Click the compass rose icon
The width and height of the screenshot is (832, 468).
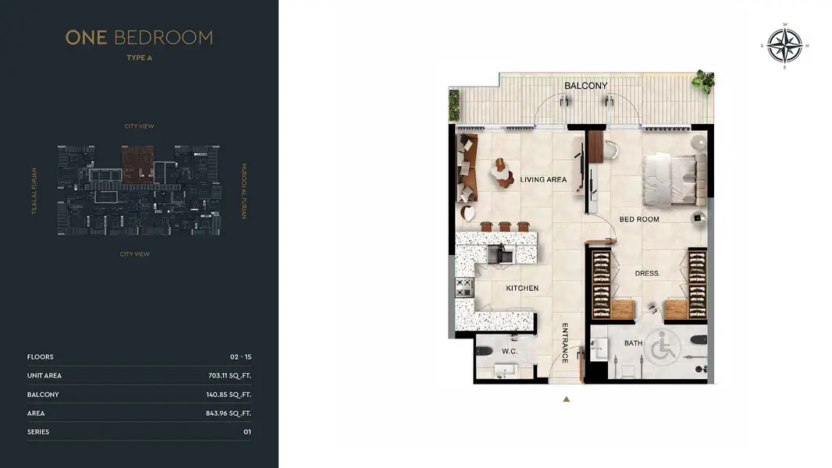point(784,45)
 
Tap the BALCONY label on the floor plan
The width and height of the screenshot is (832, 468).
point(586,86)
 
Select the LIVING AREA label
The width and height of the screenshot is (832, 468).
point(543,179)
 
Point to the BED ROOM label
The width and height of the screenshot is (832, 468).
point(639,219)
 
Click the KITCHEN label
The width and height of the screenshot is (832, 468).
point(522,289)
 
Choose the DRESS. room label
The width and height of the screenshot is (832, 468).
point(647,274)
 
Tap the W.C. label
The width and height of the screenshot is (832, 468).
point(510,352)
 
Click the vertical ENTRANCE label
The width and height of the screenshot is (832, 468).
point(565,343)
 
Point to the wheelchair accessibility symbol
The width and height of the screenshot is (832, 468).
point(663,346)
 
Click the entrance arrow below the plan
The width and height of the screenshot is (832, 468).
point(566,399)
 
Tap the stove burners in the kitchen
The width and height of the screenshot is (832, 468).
point(464,288)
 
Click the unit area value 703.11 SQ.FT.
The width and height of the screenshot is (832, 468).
point(229,376)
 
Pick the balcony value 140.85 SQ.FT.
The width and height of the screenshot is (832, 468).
point(229,395)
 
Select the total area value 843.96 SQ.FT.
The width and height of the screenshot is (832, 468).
point(229,413)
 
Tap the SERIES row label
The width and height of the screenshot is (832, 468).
point(38,432)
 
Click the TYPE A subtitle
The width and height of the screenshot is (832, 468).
point(140,58)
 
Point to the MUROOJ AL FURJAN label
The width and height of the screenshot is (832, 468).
point(244,191)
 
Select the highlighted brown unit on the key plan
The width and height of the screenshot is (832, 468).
point(138,165)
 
